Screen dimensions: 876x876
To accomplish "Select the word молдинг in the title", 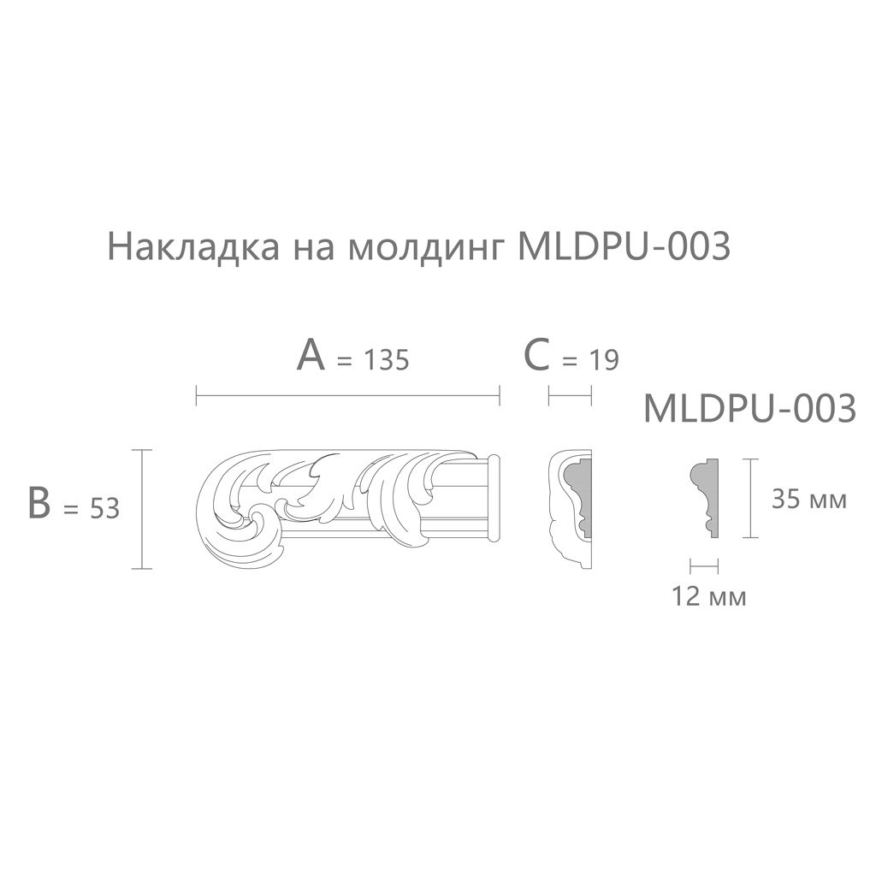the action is click(x=425, y=248).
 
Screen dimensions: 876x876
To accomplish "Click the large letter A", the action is click(x=310, y=355).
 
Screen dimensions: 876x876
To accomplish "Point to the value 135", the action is click(x=387, y=360).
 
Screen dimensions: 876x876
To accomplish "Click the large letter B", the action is click(x=39, y=503).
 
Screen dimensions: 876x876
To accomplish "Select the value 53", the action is click(x=104, y=509).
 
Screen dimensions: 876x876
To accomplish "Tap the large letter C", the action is click(x=537, y=355).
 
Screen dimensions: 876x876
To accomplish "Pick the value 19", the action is click(x=605, y=360).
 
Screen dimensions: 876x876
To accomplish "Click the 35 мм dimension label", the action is click(x=809, y=499).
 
